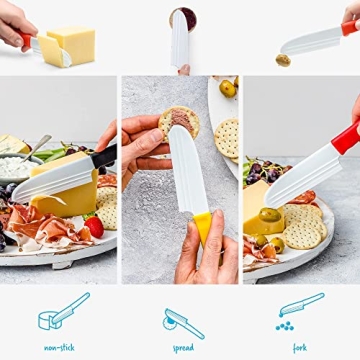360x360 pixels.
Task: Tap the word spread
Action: [x=182, y=349]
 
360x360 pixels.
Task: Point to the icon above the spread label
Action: [x=182, y=320]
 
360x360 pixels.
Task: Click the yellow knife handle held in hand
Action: [x=203, y=230]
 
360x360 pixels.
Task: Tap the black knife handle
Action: [x=104, y=156]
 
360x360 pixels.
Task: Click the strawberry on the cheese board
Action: [x=94, y=226]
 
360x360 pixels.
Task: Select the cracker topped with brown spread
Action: [x=178, y=123]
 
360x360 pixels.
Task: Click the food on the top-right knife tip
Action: [x=283, y=59]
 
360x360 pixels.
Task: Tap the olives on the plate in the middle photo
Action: [x=227, y=90]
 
